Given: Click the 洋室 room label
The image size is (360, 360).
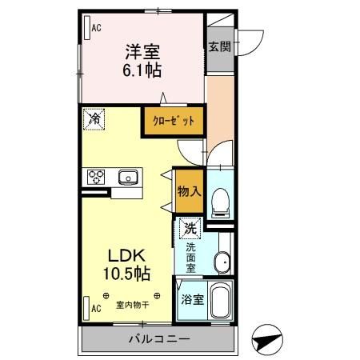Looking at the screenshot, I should click(142, 52).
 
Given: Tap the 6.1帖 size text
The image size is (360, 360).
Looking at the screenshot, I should click(142, 70).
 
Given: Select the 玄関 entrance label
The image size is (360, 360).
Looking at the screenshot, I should click(220, 46).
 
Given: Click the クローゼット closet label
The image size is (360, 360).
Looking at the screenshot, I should click(174, 122).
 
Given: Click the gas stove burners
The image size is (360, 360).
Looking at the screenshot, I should click(97, 177).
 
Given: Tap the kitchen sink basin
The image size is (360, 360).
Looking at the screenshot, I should click(127, 177).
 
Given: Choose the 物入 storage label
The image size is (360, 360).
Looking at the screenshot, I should click(189, 193).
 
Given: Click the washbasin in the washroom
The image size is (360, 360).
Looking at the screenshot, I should click(222, 260).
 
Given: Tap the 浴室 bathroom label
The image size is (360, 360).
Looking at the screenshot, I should click(191, 302).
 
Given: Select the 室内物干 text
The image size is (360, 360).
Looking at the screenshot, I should click(131, 305).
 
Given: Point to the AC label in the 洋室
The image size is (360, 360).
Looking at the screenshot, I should click(95, 28).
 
